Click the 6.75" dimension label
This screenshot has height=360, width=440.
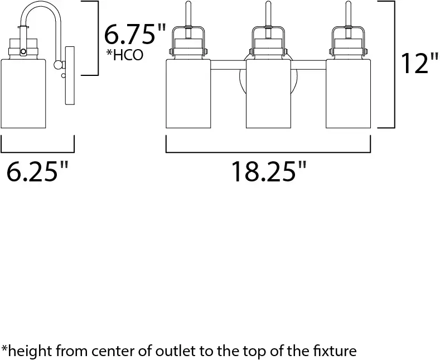[135, 34]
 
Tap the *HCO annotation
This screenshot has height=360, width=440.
[124, 55]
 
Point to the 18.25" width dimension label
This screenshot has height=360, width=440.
[269, 171]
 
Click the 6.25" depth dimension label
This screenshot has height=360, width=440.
[37, 171]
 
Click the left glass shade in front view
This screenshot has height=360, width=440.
[188, 94]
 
